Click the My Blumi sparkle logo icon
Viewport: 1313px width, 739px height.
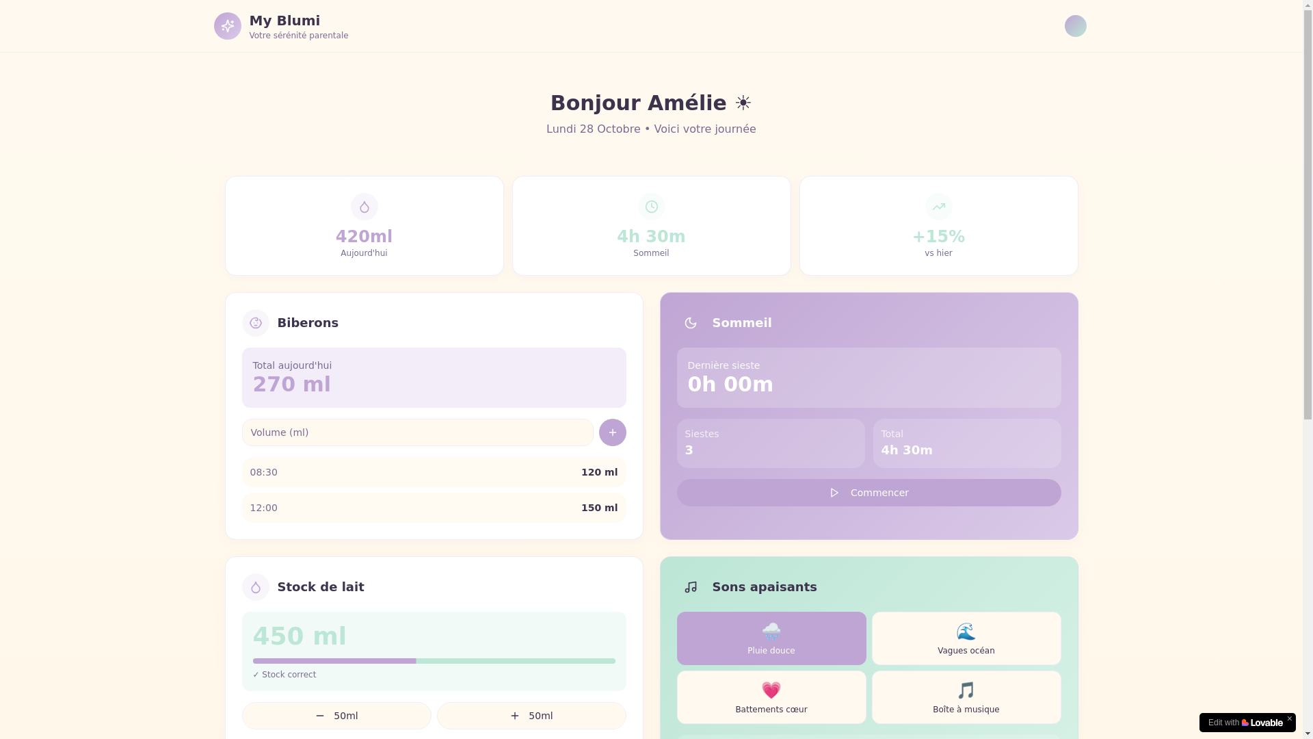pos(228,26)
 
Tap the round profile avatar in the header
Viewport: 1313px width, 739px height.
pos(1075,26)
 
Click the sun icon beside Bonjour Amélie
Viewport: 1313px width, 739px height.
pos(743,103)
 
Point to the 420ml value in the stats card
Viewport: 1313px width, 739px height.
pos(364,237)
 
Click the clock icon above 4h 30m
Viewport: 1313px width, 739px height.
pos(651,207)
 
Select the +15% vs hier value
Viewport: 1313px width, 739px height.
pos(938,237)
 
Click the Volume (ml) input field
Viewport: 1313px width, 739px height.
pos(417,432)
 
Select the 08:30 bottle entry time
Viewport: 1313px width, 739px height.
pos(264,472)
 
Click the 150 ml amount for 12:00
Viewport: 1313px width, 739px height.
pos(599,508)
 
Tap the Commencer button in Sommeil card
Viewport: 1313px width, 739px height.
pos(868,493)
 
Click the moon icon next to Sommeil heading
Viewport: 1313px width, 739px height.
pos(691,323)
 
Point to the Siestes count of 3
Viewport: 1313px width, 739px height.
pos(689,450)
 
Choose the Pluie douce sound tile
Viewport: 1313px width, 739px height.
pos(771,638)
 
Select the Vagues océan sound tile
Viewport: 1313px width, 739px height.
pos(966,638)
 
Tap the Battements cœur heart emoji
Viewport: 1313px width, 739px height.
pos(771,690)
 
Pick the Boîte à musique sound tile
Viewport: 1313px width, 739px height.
pos(966,697)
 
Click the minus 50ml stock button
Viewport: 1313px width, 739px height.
pos(336,716)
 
